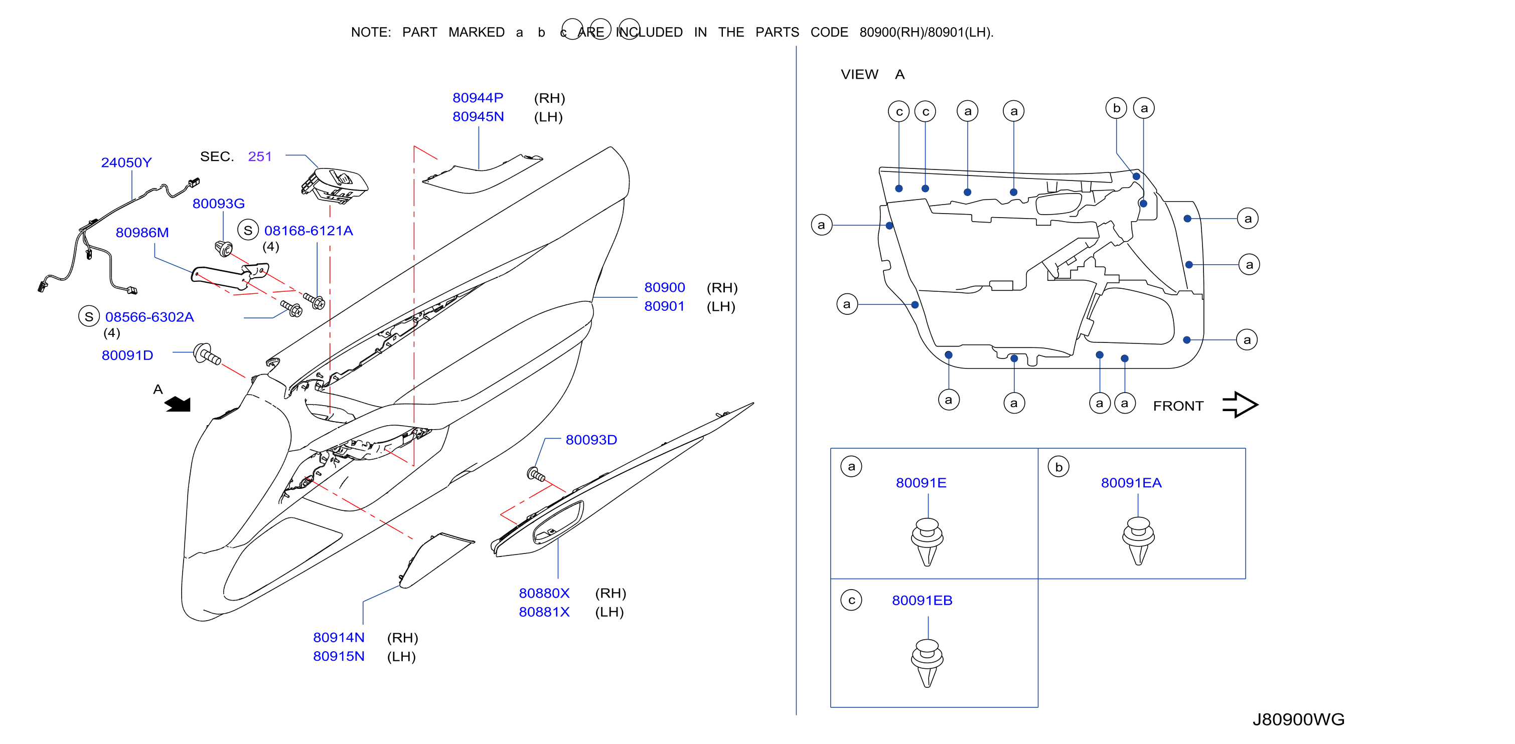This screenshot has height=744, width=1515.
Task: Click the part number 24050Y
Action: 126,162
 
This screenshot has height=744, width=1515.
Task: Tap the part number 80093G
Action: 218,204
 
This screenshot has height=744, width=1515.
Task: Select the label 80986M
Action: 142,233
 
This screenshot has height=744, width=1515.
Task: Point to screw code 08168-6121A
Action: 309,231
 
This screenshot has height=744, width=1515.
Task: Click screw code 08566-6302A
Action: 149,317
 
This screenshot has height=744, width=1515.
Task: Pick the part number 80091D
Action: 127,355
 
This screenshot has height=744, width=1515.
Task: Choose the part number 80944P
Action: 478,98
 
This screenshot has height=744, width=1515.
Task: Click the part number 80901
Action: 665,306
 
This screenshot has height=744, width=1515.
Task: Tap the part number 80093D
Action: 591,440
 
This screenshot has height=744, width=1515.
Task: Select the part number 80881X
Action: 544,612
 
